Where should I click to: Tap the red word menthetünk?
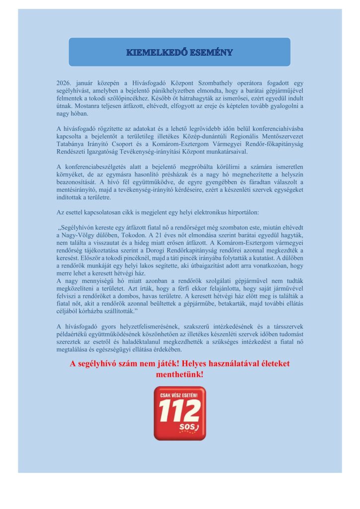click(180, 374)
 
